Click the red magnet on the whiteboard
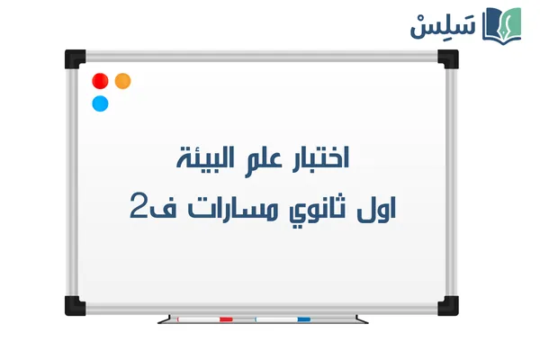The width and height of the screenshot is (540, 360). click(100, 81)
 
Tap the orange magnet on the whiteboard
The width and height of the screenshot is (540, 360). click(123, 81)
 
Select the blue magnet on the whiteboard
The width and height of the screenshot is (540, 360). click(100, 103)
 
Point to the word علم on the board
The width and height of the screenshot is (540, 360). click(256, 158)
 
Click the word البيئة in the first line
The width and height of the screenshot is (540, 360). click(202, 158)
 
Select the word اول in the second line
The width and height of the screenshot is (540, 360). click(382, 210)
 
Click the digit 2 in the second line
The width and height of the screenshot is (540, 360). click(139, 208)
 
